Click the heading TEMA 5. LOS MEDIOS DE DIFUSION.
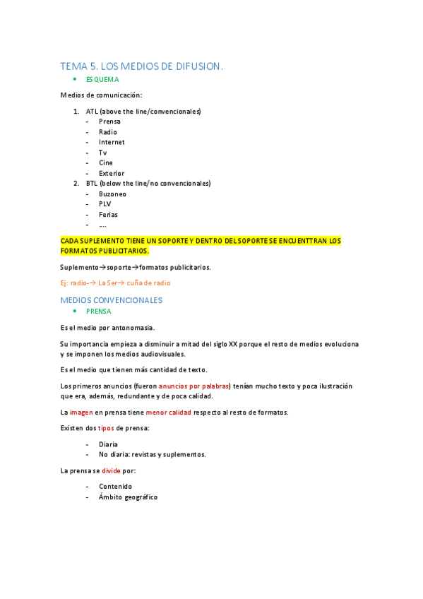141,66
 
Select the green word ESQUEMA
102,80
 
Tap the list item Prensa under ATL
109,121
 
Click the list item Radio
108,132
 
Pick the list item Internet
112,142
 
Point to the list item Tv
103,153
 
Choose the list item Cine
106,162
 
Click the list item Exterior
112,173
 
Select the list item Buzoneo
113,194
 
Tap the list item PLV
105,204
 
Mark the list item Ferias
108,214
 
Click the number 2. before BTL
76,183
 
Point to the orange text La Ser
107,283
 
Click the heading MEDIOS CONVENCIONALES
112,300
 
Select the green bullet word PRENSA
98,311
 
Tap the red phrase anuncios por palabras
194,386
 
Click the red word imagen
81,412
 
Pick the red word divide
111,470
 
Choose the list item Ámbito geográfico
128,497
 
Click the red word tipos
105,428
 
